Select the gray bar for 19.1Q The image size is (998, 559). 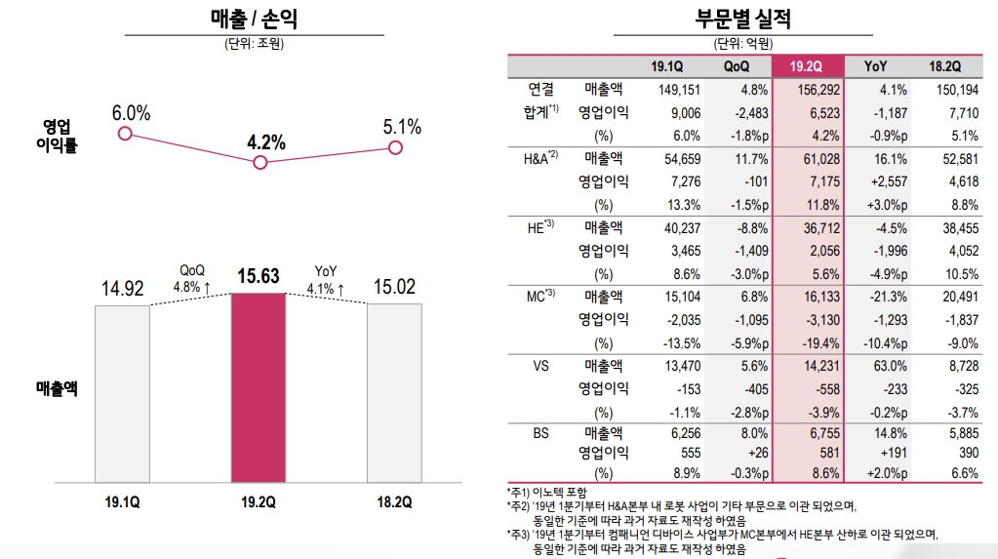[x=122, y=392]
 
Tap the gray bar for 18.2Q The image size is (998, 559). [x=394, y=392]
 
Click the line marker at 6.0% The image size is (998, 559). [x=124, y=132]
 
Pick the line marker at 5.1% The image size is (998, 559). [x=395, y=147]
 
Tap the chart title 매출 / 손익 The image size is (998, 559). [x=254, y=18]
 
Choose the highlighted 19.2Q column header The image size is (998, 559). [x=807, y=66]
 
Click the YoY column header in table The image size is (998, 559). [x=875, y=66]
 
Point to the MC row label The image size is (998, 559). [x=533, y=296]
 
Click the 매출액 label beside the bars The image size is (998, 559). [x=52, y=388]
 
